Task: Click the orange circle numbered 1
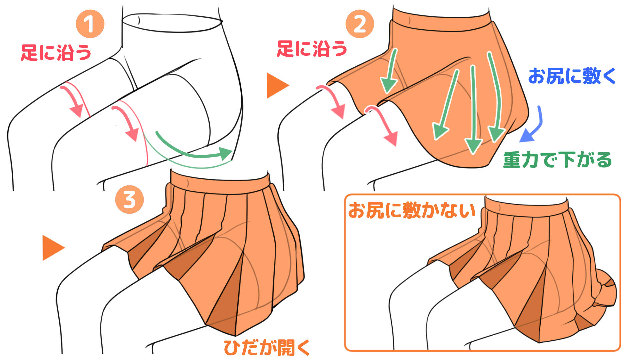coord(90,24)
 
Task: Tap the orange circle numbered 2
coord(360,24)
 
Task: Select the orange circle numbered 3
coord(129,200)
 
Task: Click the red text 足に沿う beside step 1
coord(56,52)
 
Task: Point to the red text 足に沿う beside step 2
coord(312,49)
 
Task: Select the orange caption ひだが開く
coord(267,347)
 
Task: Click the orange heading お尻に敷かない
coord(412,210)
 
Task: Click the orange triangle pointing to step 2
coord(277,86)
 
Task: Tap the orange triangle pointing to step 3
coord(52,247)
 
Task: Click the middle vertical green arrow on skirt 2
coord(473,110)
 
